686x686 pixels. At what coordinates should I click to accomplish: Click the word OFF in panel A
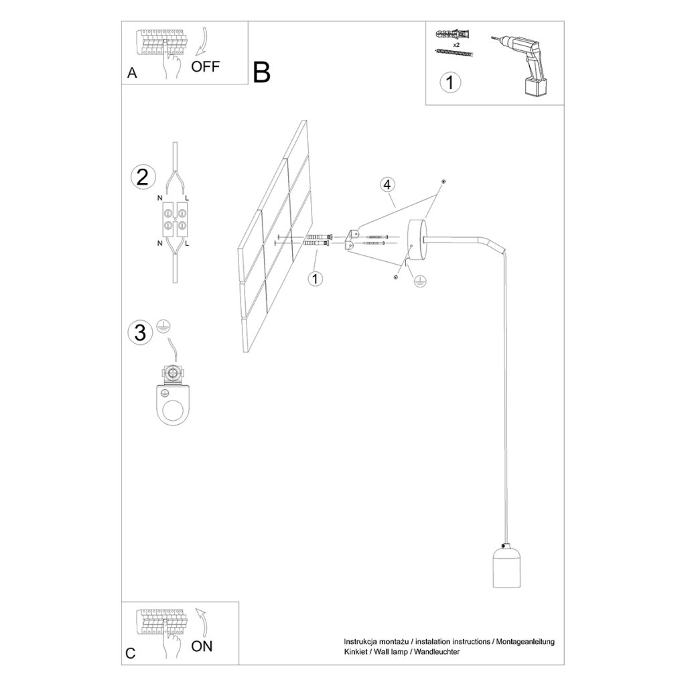coord(205,67)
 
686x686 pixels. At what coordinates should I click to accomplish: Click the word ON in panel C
coord(202,646)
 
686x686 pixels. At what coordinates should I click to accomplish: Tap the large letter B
coord(262,72)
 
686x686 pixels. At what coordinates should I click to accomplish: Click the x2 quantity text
coord(456,45)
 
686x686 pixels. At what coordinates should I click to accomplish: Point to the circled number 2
coord(143,178)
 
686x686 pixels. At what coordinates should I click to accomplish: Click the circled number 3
coord(140,332)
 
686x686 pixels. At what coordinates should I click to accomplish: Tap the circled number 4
coord(387,185)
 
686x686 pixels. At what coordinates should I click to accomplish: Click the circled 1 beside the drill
coord(450,82)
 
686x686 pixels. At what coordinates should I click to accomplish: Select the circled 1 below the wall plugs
coord(315,278)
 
